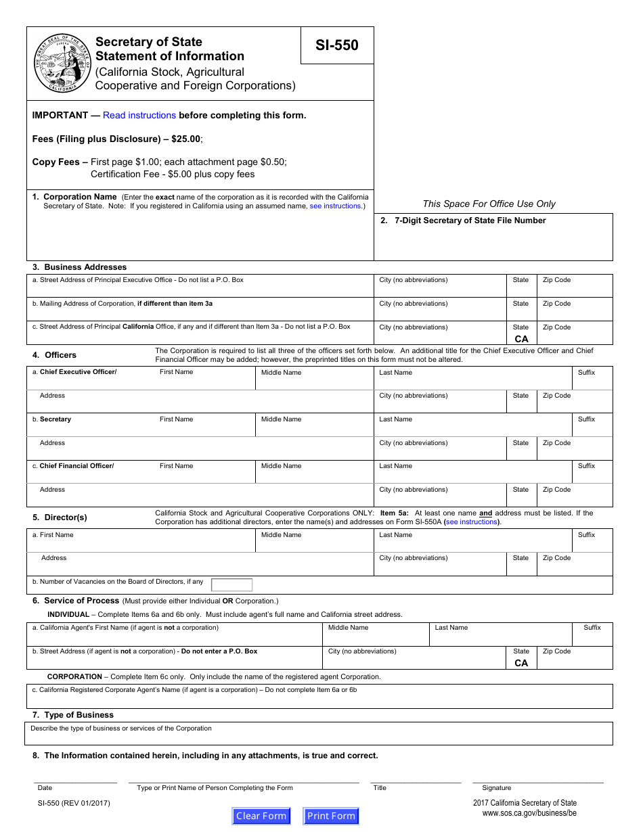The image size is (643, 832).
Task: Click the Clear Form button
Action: tap(261, 816)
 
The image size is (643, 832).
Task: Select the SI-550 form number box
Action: tap(337, 45)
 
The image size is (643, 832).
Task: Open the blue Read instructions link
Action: tap(139, 115)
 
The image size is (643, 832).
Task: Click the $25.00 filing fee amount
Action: tap(185, 139)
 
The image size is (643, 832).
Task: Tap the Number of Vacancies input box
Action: tap(231, 585)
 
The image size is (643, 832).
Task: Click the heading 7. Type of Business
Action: tap(73, 715)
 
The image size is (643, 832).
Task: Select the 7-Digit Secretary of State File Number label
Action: tap(470, 221)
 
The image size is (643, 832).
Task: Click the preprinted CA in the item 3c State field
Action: tap(521, 339)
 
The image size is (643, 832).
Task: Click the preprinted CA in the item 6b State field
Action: tap(521, 663)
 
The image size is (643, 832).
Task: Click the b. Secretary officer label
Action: tap(55, 419)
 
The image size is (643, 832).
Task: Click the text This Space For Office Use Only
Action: tap(489, 204)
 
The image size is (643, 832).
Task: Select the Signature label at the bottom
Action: tap(496, 788)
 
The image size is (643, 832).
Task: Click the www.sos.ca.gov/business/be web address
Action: tap(529, 813)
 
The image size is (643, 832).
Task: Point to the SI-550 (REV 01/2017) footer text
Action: tap(74, 803)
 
